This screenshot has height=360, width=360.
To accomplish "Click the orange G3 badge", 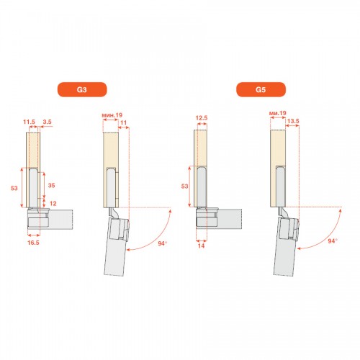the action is [x=82, y=89].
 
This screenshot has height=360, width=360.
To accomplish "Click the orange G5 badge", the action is [x=261, y=89].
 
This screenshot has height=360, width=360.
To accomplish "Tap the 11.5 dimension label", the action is [x=29, y=122].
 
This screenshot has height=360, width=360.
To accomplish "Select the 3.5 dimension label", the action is [x=47, y=122].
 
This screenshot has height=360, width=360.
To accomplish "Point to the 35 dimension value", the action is [x=51, y=185].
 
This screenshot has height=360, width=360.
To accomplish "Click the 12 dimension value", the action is [x=53, y=204].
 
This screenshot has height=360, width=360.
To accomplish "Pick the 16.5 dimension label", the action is [x=33, y=243].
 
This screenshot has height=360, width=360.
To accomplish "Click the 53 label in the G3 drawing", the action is [x=14, y=188].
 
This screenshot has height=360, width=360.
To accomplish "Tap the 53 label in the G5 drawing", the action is [x=184, y=186].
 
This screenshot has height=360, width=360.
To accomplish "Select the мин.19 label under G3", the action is [x=112, y=115].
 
